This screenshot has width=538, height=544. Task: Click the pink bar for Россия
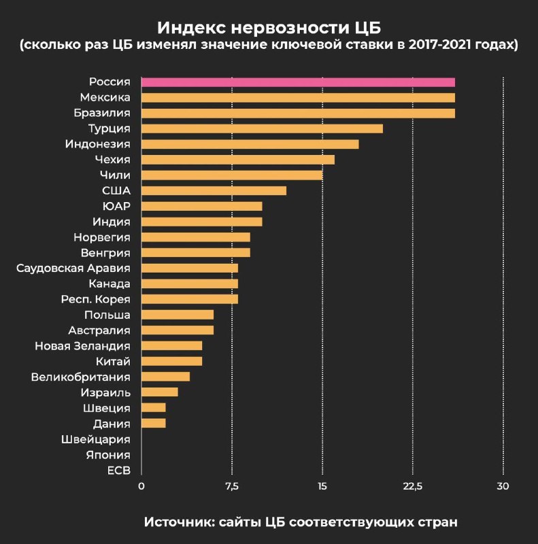298,82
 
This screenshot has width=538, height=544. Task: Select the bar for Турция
262,129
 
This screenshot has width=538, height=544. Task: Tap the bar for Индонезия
250,144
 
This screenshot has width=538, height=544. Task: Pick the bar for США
214,190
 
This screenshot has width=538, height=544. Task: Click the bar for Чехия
238,160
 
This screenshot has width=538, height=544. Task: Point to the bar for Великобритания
165,377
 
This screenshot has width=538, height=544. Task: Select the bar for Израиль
159,392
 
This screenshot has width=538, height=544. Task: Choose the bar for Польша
178,315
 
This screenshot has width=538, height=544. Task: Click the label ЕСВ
119,470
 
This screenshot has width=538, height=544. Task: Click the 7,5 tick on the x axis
232,486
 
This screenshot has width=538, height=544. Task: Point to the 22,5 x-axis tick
413,486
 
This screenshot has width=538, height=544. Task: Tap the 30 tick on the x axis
503,486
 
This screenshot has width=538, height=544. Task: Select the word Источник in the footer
178,522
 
